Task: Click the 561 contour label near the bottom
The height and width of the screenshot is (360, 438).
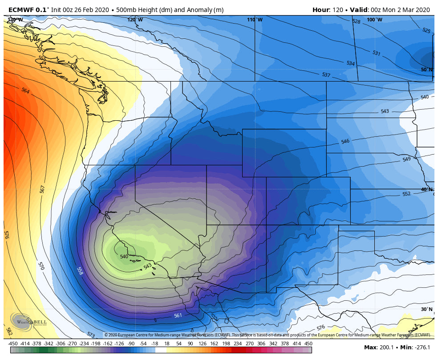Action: pyautogui.click(x=178, y=315)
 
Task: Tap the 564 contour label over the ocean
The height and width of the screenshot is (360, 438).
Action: pyautogui.click(x=25, y=90)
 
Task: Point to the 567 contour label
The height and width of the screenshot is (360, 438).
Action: pyautogui.click(x=42, y=189)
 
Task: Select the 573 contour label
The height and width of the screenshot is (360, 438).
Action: pyautogui.click(x=91, y=334)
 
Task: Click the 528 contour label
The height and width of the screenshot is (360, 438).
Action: pyautogui.click(x=356, y=21)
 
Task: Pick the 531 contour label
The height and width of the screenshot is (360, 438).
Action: pyautogui.click(x=376, y=53)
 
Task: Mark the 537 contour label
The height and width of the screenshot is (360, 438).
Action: pyautogui.click(x=326, y=75)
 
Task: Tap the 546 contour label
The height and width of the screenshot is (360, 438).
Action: pyautogui.click(x=345, y=141)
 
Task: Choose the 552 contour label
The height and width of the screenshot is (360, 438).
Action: pyautogui.click(x=406, y=194)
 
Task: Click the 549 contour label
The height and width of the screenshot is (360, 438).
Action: pyautogui.click(x=406, y=159)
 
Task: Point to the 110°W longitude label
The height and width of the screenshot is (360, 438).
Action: pyautogui.click(x=255, y=20)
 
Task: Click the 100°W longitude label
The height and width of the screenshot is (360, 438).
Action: pyautogui.click(x=374, y=20)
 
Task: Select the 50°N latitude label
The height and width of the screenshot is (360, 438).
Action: pyautogui.click(x=426, y=70)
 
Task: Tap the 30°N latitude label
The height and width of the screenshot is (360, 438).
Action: pyautogui.click(x=426, y=309)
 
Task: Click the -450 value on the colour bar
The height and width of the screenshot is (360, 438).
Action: pyautogui.click(x=13, y=344)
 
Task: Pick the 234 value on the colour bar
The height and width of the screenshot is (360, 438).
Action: pyautogui.click(x=237, y=344)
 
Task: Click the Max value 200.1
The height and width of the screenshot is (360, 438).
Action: pyautogui.click(x=379, y=348)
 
